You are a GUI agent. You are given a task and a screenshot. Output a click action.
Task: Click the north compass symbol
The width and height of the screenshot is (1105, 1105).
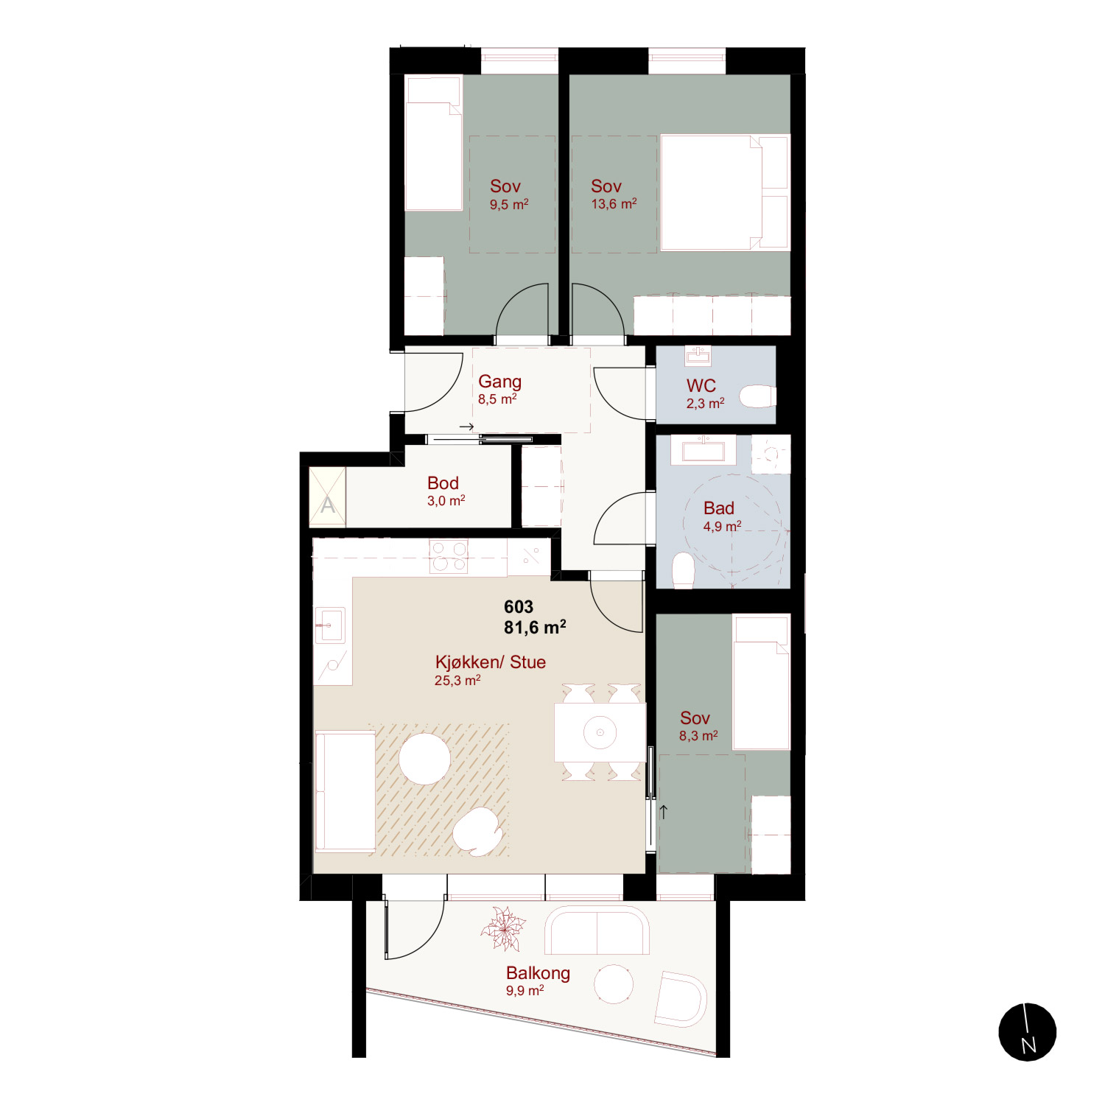pos(1027,1031)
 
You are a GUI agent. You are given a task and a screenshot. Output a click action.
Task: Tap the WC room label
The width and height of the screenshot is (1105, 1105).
pos(701,385)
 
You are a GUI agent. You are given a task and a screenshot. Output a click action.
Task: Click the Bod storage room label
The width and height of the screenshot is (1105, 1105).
pos(443,483)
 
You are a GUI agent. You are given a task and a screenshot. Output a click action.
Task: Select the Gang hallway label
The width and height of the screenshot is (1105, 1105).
pos(499,382)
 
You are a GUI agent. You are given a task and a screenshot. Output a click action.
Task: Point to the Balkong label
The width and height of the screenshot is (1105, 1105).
pos(538,972)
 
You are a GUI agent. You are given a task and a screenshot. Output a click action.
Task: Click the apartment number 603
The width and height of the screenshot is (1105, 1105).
pos(519,606)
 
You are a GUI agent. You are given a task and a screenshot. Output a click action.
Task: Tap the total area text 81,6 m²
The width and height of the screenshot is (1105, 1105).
pos(535,627)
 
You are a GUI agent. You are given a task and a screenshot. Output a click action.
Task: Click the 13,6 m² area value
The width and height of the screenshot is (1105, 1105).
pos(614,204)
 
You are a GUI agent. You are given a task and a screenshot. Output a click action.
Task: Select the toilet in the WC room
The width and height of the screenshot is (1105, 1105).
pos(757,396)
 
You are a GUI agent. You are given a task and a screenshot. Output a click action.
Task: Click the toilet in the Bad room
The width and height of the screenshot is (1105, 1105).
pos(684,571)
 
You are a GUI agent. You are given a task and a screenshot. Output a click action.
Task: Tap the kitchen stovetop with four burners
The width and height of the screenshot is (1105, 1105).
pos(449,556)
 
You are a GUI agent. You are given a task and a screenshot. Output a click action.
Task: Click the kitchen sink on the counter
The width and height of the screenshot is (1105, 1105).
pos(329,625)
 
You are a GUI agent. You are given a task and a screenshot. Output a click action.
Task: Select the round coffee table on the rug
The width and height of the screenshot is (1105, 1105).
pos(424,759)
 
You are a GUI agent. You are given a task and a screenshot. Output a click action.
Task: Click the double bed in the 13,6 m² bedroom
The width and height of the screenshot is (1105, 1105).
pos(725,192)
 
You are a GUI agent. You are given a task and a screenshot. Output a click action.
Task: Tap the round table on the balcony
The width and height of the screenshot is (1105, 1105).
pos(614,983)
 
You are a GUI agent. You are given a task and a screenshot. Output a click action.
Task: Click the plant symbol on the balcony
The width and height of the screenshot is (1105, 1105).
pos(503,929)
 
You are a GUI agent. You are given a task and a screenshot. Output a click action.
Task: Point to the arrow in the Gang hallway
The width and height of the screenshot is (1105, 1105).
pos(466,427)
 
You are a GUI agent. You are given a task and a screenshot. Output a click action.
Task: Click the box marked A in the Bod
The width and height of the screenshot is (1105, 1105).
pos(327,497)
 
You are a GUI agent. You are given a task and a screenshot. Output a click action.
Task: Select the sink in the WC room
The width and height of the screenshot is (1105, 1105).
pos(698,356)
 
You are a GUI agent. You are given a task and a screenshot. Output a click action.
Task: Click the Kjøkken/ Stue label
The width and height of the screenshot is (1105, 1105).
pos(491,662)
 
